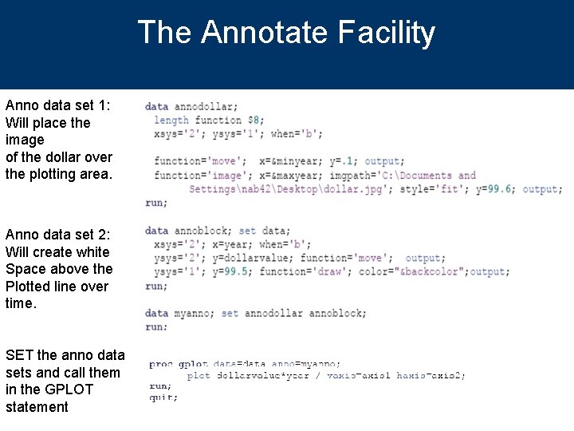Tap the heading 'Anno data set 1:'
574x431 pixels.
pos(58,105)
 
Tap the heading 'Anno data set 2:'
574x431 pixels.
pos(58,235)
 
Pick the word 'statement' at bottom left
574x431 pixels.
pos(37,407)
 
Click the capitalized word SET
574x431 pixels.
pos(19,355)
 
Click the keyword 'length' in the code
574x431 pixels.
pos(171,121)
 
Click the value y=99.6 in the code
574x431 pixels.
pos(495,189)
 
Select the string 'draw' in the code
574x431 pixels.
pos(334,271)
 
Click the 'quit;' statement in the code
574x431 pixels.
pos(164,397)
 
